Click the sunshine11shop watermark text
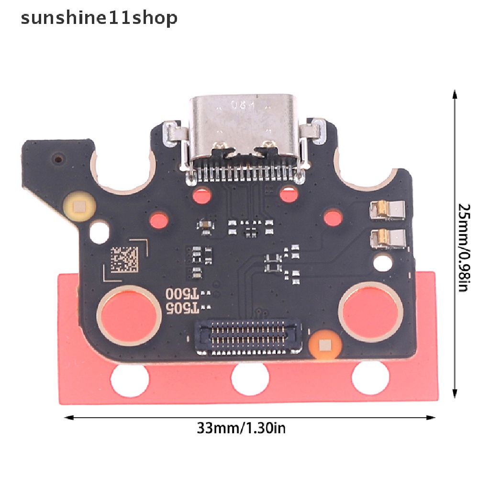[x=99, y=18]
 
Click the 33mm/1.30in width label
[x=241, y=427]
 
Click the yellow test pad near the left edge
[x=77, y=206]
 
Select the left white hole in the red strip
[x=127, y=378]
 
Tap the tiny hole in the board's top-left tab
[x=58, y=157]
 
